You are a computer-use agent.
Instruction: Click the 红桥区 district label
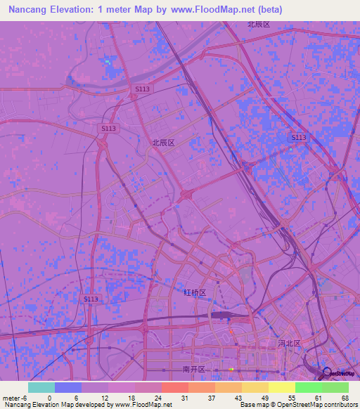click(195, 292)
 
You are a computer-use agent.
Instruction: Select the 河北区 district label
click(289, 344)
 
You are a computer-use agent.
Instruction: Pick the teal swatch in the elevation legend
click(41, 387)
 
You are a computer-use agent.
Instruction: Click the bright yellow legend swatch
click(282, 387)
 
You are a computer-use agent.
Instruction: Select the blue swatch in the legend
click(68, 387)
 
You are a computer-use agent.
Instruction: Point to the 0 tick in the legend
click(49, 398)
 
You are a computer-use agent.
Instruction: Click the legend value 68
click(345, 398)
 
